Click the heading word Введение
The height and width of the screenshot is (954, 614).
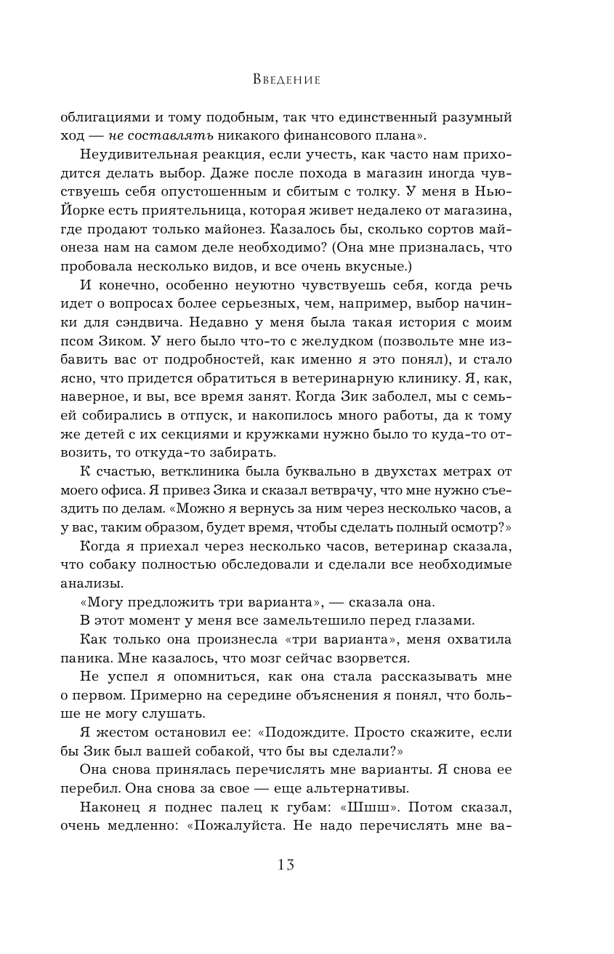(286, 79)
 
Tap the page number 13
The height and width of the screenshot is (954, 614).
(286, 864)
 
